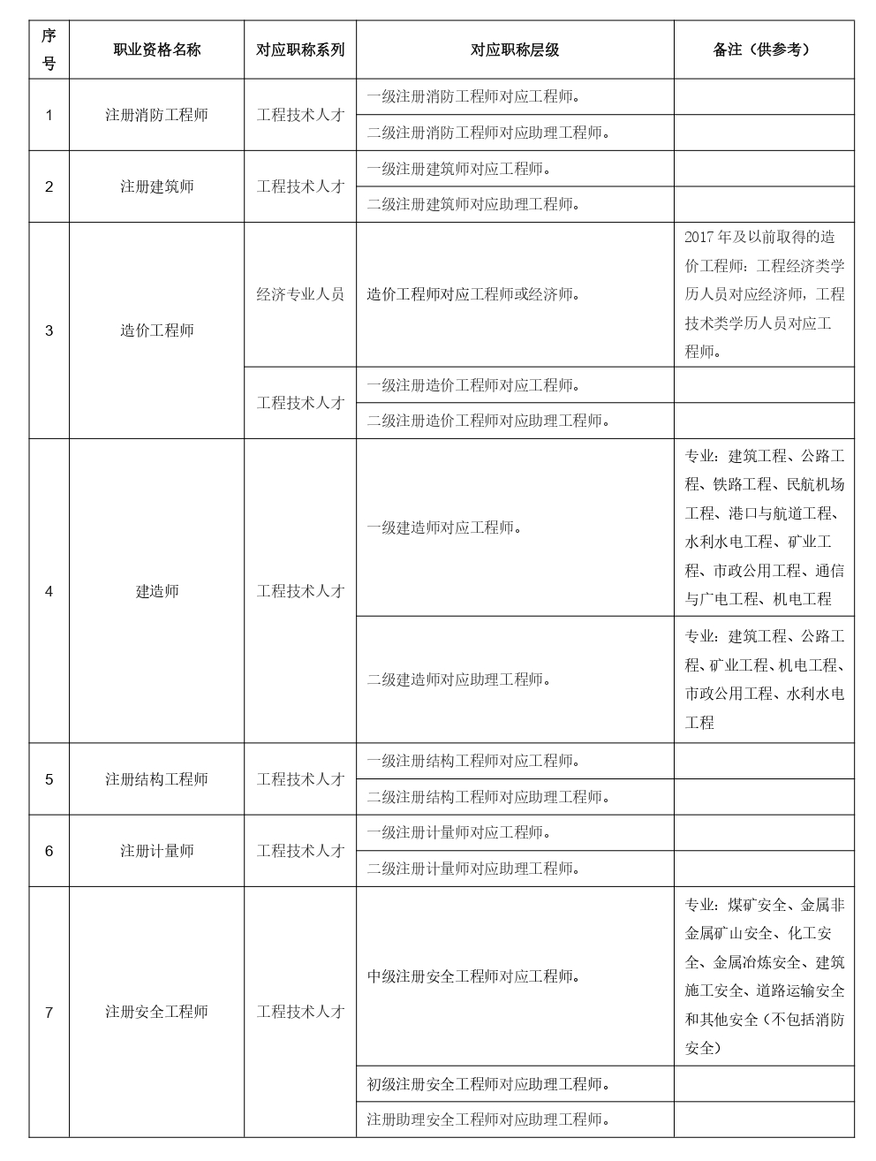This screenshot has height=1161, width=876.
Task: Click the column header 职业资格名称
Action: pyautogui.click(x=157, y=50)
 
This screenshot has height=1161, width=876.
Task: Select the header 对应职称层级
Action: pyautogui.click(x=515, y=50)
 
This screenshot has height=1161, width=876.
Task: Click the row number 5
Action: pyautogui.click(x=49, y=779)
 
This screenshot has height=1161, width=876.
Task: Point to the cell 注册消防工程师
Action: pyautogui.click(x=157, y=115)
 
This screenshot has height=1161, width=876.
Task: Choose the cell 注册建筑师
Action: pyautogui.click(x=157, y=186)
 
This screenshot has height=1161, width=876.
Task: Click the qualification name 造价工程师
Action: pyautogui.click(x=157, y=330)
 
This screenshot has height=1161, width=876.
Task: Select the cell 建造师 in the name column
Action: pyautogui.click(x=157, y=591)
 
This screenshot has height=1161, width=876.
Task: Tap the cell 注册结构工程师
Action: pyautogui.click(x=157, y=779)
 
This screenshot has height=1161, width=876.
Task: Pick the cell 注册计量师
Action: pyautogui.click(x=157, y=851)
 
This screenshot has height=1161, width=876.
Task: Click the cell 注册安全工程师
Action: pyautogui.click(x=157, y=1012)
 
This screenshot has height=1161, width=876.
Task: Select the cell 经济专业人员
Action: pyautogui.click(x=300, y=294)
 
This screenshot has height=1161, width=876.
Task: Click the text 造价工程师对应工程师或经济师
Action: pyautogui.click(x=473, y=294)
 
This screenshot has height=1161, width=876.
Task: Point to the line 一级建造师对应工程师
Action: pyautogui.click(x=443, y=527)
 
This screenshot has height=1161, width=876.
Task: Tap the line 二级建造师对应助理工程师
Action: pyautogui.click(x=458, y=679)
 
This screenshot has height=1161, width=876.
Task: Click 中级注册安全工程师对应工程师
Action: pyautogui.click(x=473, y=976)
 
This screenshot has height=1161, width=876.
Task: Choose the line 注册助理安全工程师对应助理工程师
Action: pyautogui.click(x=488, y=1119)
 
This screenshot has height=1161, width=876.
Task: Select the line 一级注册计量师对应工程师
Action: pyautogui.click(x=458, y=832)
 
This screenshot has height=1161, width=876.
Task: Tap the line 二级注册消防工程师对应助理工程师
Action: pyautogui.click(x=488, y=133)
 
